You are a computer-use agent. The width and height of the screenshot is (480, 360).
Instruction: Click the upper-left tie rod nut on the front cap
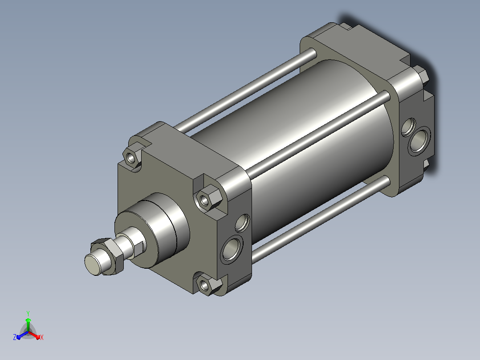point(132,158)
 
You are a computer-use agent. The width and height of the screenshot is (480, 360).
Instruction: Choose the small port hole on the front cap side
point(242,223)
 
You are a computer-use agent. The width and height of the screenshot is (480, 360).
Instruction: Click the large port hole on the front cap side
point(232,249)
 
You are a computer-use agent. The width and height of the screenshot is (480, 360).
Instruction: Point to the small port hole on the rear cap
point(408,127)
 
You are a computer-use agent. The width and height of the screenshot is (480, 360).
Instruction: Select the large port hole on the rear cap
point(419,141)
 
